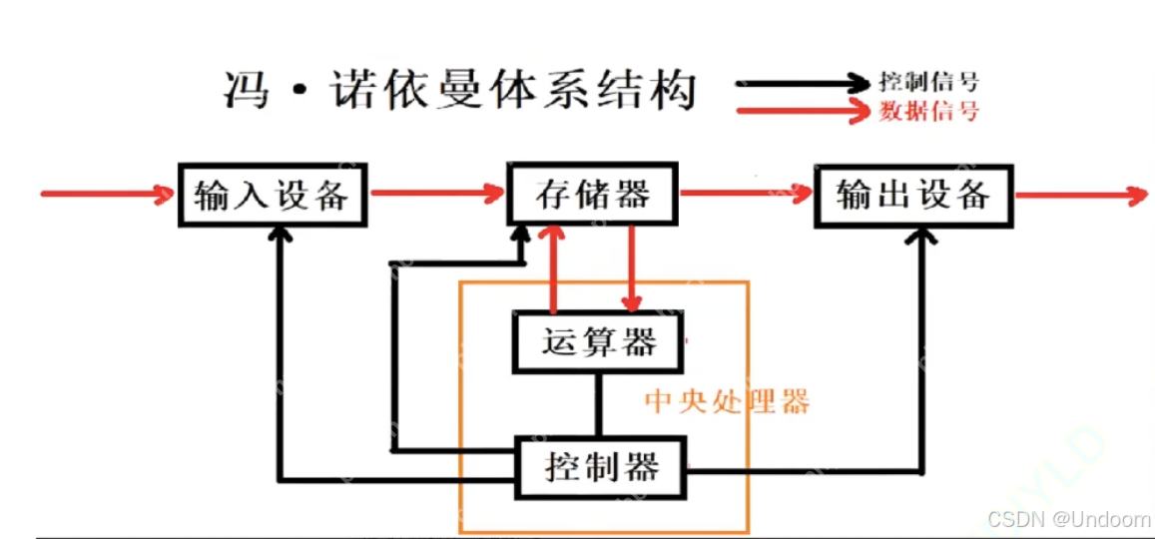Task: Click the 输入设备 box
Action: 272,195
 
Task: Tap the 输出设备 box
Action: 913,195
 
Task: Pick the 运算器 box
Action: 599,342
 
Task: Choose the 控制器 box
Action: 602,466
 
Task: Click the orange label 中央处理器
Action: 726,401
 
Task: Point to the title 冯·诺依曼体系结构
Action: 458,92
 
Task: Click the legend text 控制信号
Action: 929,82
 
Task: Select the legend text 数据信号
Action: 929,111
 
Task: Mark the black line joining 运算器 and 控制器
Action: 599,403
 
